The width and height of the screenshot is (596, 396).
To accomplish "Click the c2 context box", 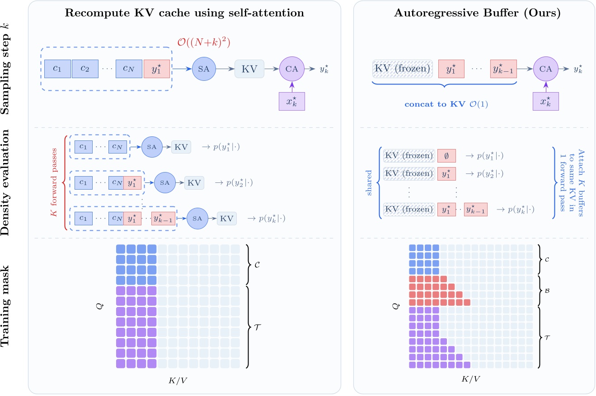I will [x=84, y=69].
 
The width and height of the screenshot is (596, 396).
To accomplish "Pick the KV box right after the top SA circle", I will [x=249, y=69].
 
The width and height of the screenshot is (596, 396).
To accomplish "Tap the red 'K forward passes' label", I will [x=54, y=182].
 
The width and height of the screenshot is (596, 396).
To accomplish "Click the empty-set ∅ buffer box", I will [x=446, y=156].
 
